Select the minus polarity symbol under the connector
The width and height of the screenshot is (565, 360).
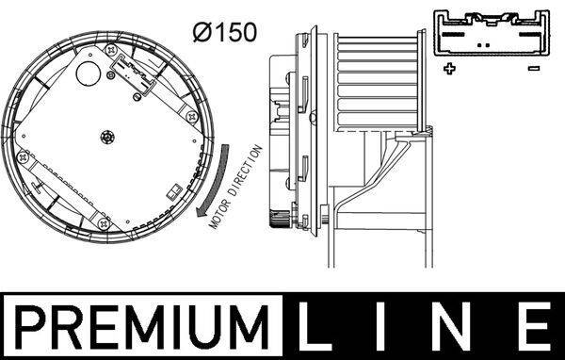pos(533,69)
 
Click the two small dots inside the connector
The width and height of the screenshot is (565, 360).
pos(482,44)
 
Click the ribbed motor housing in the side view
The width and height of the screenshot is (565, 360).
pos(377,85)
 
